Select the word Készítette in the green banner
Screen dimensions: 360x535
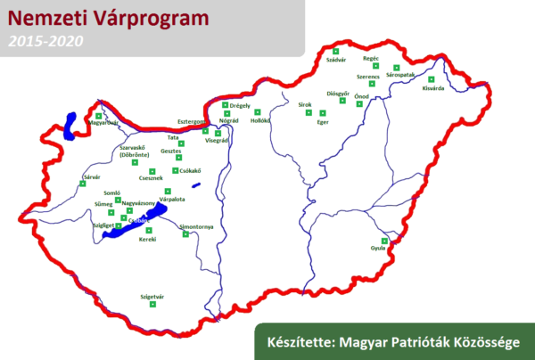(x=297, y=341)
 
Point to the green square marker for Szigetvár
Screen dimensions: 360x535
(x=152, y=305)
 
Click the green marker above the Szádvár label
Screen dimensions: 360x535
(x=335, y=52)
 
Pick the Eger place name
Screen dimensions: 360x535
(x=323, y=122)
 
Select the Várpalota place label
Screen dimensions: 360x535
(x=171, y=200)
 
